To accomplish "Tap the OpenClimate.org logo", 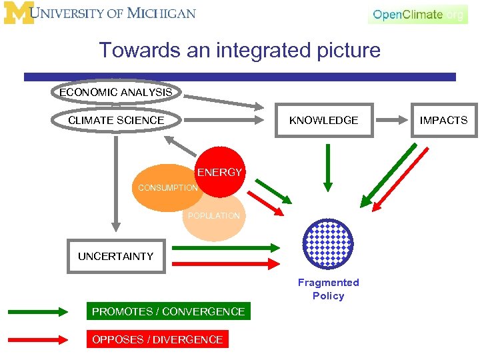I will coord(418,14).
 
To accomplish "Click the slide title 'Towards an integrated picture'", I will coord(239,50).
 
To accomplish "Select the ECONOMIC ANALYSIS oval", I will coord(116,92).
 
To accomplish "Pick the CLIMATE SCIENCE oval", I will coord(116,120).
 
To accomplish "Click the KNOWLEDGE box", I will coord(323,120).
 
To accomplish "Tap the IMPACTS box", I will coord(443,120).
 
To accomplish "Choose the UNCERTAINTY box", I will coord(116,256).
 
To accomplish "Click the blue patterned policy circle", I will coord(328,243).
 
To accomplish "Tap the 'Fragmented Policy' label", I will coord(328,289).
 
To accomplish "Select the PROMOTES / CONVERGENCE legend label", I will coord(168,311).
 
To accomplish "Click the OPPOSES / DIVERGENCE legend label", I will coord(157,339).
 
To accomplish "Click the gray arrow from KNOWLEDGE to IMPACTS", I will coord(393,121).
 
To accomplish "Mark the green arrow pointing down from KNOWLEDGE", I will coord(327,167).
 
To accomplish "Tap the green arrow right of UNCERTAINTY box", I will coord(227,247).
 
